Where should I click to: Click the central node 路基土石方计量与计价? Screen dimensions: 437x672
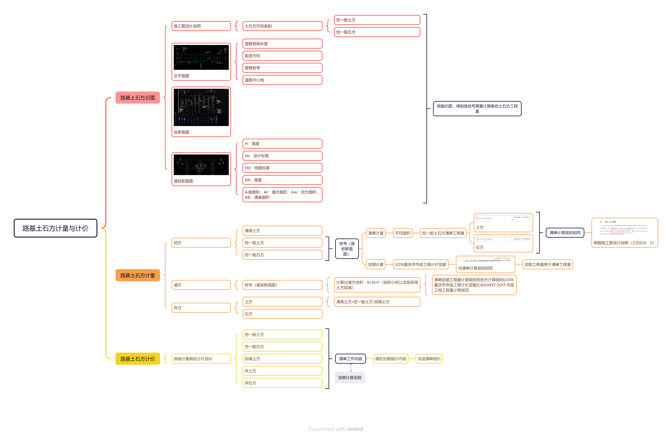55,228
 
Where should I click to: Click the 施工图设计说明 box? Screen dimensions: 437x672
201,26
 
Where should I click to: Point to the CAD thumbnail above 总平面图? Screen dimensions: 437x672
201,57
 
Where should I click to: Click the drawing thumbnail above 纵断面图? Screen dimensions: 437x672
201,107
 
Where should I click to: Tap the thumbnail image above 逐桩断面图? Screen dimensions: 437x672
201,165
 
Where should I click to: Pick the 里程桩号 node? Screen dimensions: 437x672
282,68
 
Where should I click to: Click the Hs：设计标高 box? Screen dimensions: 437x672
282,156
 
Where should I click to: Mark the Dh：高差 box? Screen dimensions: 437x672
282,180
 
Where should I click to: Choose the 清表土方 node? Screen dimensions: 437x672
282,231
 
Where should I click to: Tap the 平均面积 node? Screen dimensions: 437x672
403,233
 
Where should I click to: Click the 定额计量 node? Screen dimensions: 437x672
376,265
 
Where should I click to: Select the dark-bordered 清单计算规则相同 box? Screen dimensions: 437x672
565,233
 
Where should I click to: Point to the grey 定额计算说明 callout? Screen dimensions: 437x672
350,378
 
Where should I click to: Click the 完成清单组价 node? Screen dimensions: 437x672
429,359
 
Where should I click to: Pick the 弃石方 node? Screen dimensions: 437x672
282,383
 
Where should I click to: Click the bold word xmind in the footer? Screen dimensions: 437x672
355,429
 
